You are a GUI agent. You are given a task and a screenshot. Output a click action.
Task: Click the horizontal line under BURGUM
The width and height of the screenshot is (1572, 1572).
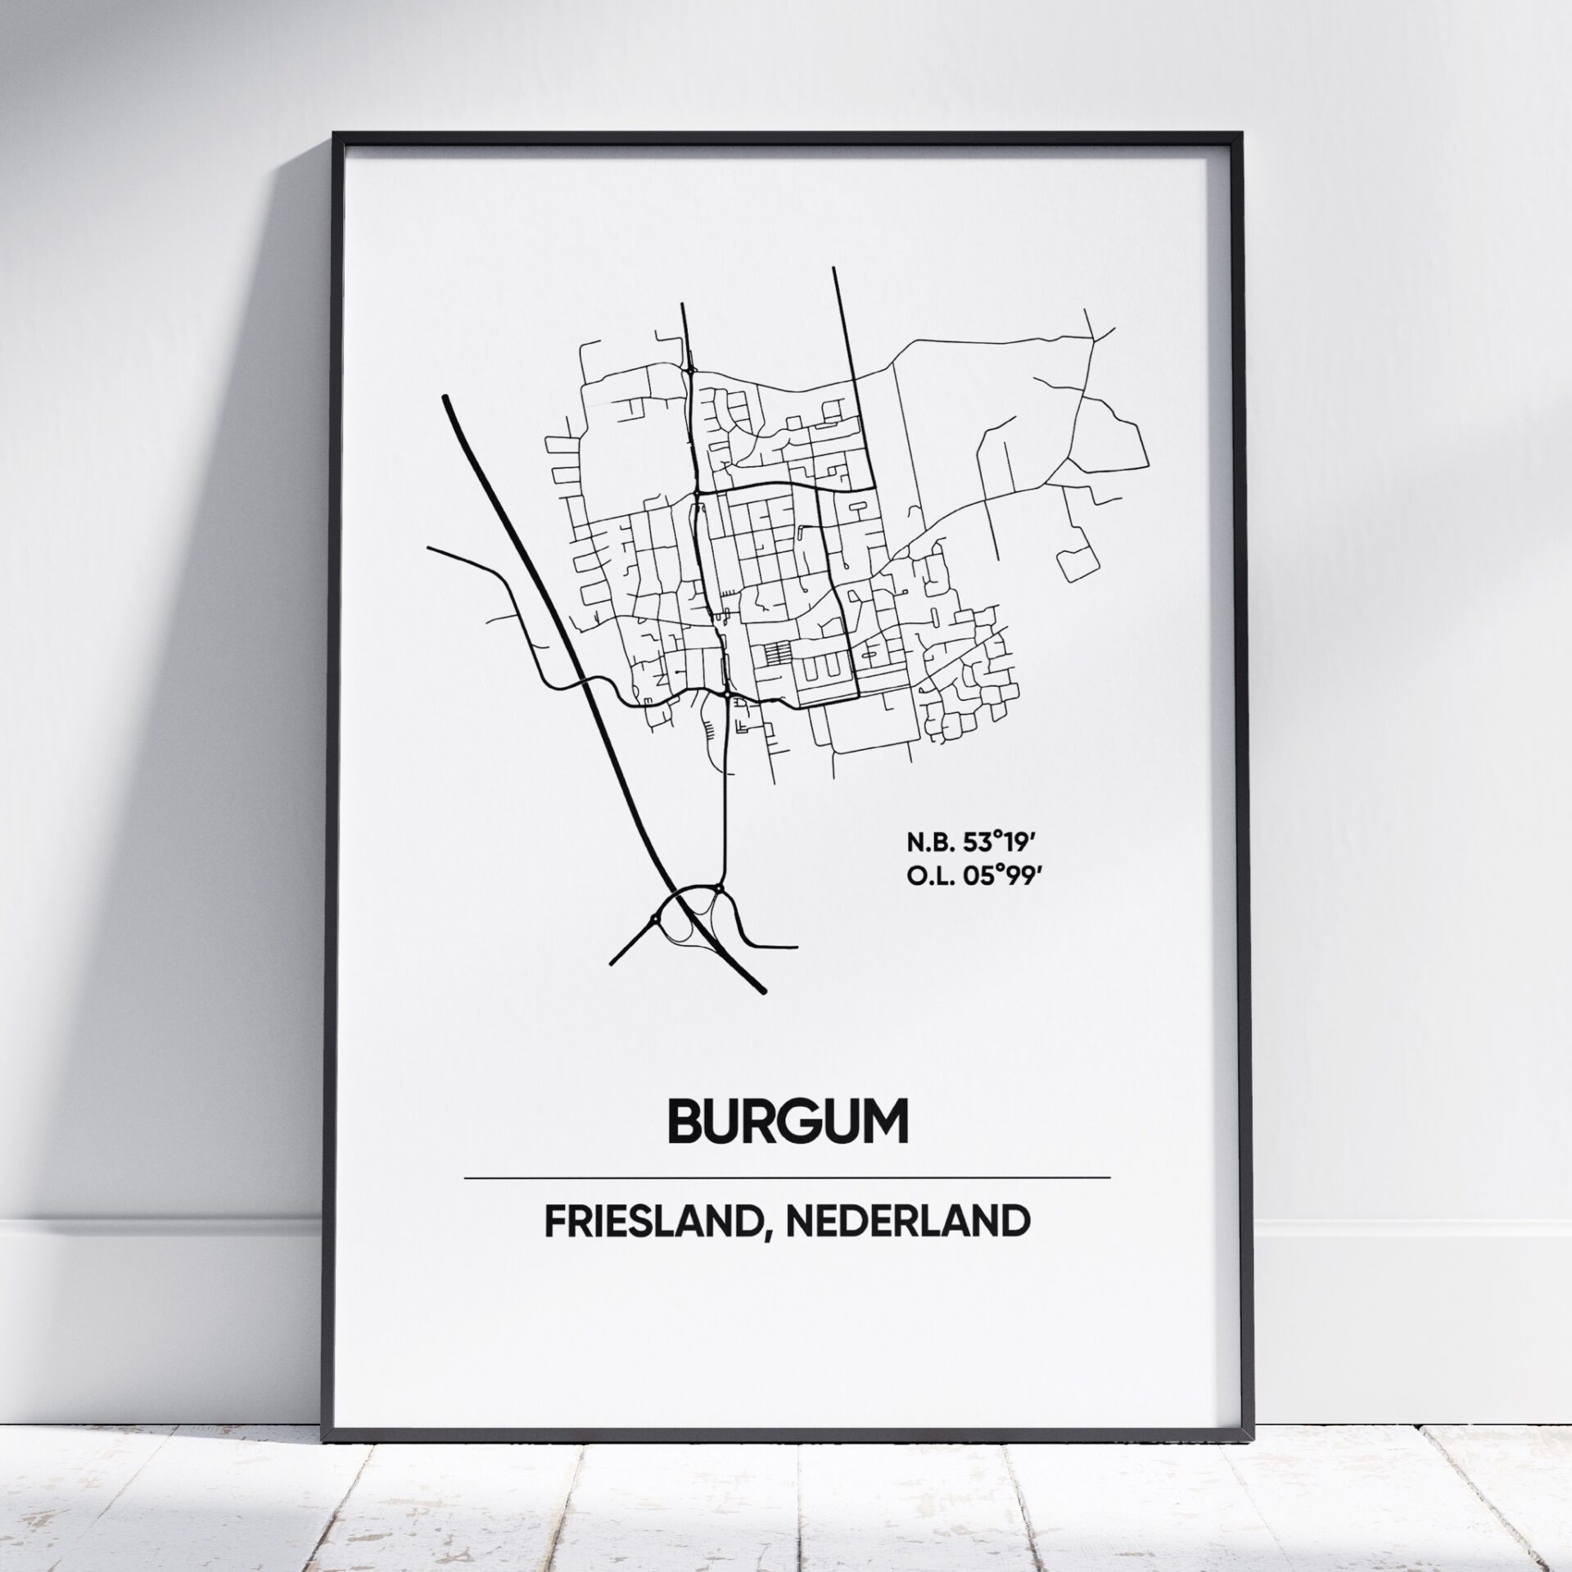[786, 1179]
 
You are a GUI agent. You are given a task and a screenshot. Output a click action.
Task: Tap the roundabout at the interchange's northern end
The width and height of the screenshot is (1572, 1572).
[718, 887]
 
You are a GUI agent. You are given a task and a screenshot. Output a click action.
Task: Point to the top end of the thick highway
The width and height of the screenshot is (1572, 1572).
[445, 399]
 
